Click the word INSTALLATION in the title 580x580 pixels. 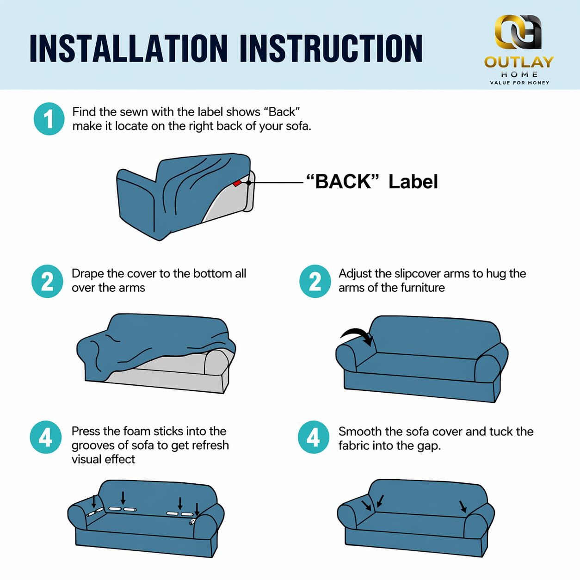[129, 48]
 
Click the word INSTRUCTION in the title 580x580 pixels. [331, 48]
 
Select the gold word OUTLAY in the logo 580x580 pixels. [519, 62]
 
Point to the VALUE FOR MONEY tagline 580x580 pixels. [519, 83]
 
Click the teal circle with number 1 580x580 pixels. [49, 119]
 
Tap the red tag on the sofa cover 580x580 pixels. [237, 183]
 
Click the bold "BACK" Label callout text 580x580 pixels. [372, 181]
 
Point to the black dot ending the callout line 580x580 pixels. [249, 183]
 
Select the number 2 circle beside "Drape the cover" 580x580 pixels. [47, 281]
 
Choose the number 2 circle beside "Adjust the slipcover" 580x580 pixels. [315, 281]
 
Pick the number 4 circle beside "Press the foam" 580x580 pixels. [45, 437]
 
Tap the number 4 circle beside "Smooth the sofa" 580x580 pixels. [313, 437]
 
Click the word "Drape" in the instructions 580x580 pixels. [88, 274]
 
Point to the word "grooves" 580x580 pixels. [94, 446]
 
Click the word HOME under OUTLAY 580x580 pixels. [519, 74]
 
